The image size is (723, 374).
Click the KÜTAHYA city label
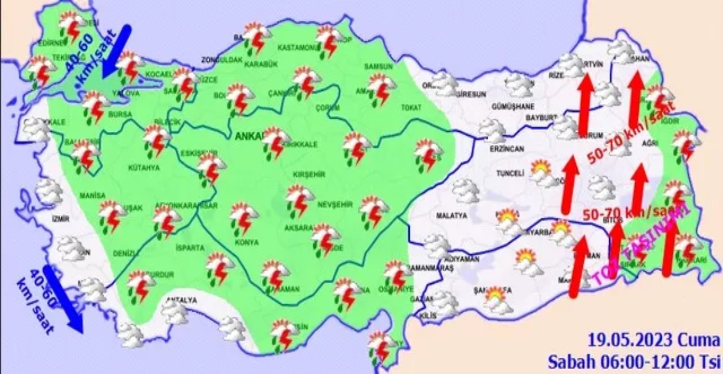tap(144, 168)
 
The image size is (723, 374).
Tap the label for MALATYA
tap(452, 216)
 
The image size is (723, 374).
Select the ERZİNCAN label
tap(506, 150)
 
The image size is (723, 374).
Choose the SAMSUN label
tap(378, 66)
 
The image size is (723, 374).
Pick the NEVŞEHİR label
tap(332, 205)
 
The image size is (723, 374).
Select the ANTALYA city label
tap(181, 300)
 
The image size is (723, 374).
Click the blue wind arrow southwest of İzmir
tap(64, 299)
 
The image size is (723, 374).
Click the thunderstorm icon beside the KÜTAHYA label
tap(157, 140)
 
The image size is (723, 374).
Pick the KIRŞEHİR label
tap(308, 174)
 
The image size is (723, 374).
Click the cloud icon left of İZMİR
tap(49, 192)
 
